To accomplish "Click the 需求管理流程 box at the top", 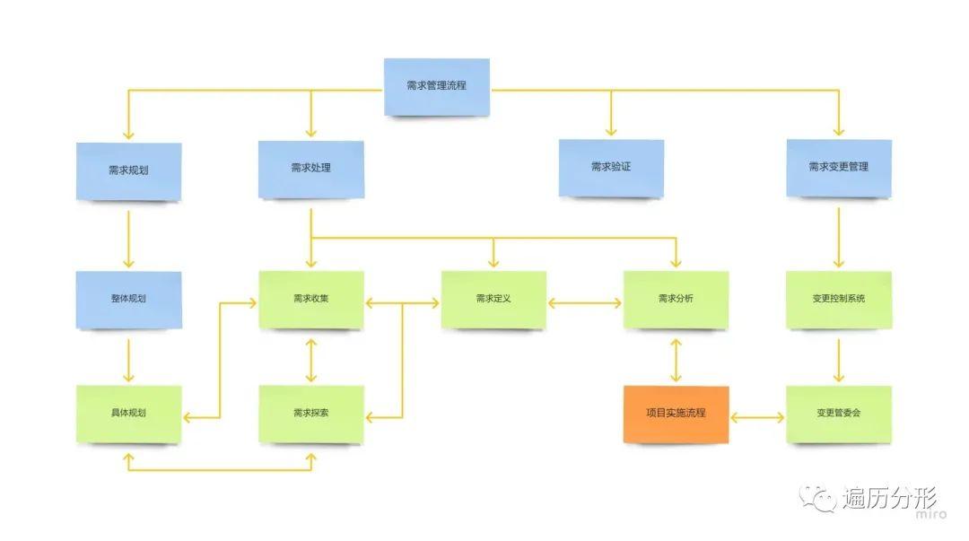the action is tap(437, 87).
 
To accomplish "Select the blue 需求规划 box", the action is tap(128, 170).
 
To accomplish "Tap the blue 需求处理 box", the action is tap(311, 168).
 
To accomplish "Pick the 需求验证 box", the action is tap(611, 167).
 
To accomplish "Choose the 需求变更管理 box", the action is tap(839, 167).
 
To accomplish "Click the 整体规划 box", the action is tap(128, 299).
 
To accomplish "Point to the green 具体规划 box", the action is tap(128, 414).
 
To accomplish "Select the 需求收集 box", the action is tap(311, 299).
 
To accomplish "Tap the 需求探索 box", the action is tap(311, 414).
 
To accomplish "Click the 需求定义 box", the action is tap(493, 299).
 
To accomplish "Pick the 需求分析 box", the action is tap(676, 299).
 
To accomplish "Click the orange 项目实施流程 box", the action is tap(676, 414).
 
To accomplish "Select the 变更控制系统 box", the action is tap(839, 299).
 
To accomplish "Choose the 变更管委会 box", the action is tap(839, 414).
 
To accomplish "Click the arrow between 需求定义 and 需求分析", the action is tap(584, 304).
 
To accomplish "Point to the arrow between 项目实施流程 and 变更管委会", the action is tap(758, 418).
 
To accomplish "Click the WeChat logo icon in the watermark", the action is tap(818, 499).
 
